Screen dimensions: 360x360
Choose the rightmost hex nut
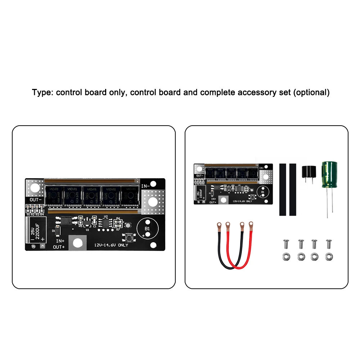coord(328,257)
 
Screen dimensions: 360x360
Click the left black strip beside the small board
coord(283,189)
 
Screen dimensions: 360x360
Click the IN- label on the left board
coord(145,186)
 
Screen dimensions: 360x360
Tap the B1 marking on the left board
coord(147,229)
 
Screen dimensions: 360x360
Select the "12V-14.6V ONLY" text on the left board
coord(111,245)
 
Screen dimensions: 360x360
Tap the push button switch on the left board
coord(128,238)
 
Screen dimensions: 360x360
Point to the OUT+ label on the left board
coord(59,247)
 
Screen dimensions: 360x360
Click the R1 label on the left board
coord(28,215)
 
